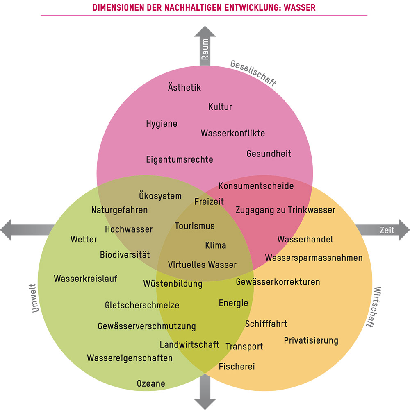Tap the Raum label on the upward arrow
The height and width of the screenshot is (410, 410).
click(205, 49)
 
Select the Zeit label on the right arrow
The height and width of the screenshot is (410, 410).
click(387, 230)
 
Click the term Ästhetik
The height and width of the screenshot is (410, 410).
click(184, 87)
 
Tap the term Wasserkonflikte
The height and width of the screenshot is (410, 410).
click(233, 134)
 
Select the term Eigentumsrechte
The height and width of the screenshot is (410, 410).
click(180, 160)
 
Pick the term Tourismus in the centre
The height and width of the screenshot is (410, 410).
click(195, 226)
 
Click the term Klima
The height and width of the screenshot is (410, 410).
click(216, 245)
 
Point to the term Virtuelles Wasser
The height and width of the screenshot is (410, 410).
click(202, 265)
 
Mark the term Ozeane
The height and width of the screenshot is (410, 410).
click(151, 384)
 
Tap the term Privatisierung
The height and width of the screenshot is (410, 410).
click(311, 340)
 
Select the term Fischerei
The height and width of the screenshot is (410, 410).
click(237, 367)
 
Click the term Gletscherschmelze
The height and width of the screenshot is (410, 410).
click(142, 305)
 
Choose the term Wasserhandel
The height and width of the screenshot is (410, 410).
click(305, 240)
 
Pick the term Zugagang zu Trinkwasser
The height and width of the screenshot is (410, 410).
click(285, 210)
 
